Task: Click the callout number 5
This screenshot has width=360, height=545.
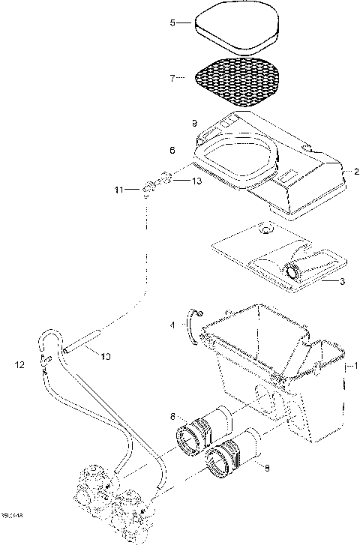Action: [x=172, y=23]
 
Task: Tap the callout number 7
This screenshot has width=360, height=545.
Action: [x=172, y=77]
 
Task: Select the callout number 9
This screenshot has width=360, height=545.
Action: [x=193, y=121]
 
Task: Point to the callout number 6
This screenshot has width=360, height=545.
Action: [x=172, y=151]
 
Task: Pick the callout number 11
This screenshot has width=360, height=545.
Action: [x=118, y=190]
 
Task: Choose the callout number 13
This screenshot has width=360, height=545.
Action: [x=197, y=181]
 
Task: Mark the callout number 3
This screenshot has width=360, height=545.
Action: [x=342, y=282]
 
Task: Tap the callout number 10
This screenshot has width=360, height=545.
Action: [x=106, y=357]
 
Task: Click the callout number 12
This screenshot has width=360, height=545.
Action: [x=20, y=364]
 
